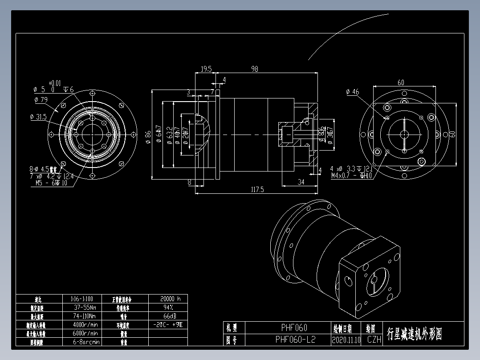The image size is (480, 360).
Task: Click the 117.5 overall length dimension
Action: tap(257, 189)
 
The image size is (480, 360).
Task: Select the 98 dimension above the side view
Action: tap(255, 69)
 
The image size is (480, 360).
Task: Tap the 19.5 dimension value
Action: tap(206, 69)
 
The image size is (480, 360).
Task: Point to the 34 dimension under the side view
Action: tap(301, 182)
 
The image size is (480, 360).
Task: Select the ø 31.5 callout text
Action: tap(38, 117)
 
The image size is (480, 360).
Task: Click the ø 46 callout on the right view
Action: tap(352, 92)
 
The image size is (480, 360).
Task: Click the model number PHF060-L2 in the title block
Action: tap(295, 340)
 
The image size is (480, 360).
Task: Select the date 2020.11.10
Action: tap(346, 340)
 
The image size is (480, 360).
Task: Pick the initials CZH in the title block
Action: tap(374, 340)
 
